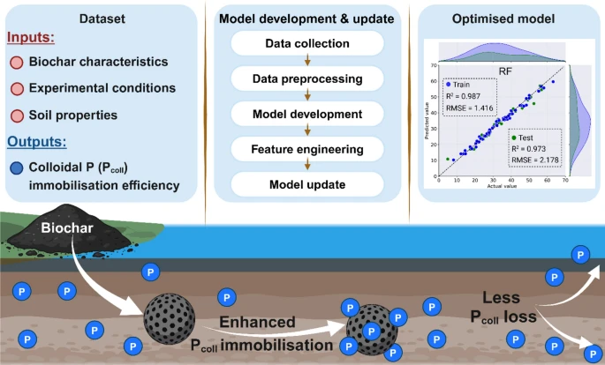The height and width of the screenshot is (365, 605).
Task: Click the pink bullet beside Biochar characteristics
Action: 17,63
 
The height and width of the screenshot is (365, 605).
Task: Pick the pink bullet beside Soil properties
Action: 17,115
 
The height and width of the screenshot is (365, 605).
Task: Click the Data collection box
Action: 306,43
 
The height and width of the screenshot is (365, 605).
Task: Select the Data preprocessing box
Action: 306,79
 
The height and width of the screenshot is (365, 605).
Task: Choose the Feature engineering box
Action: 306,150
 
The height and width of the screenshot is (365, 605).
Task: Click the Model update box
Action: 306,185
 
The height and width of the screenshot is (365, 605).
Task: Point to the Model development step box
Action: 306,115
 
